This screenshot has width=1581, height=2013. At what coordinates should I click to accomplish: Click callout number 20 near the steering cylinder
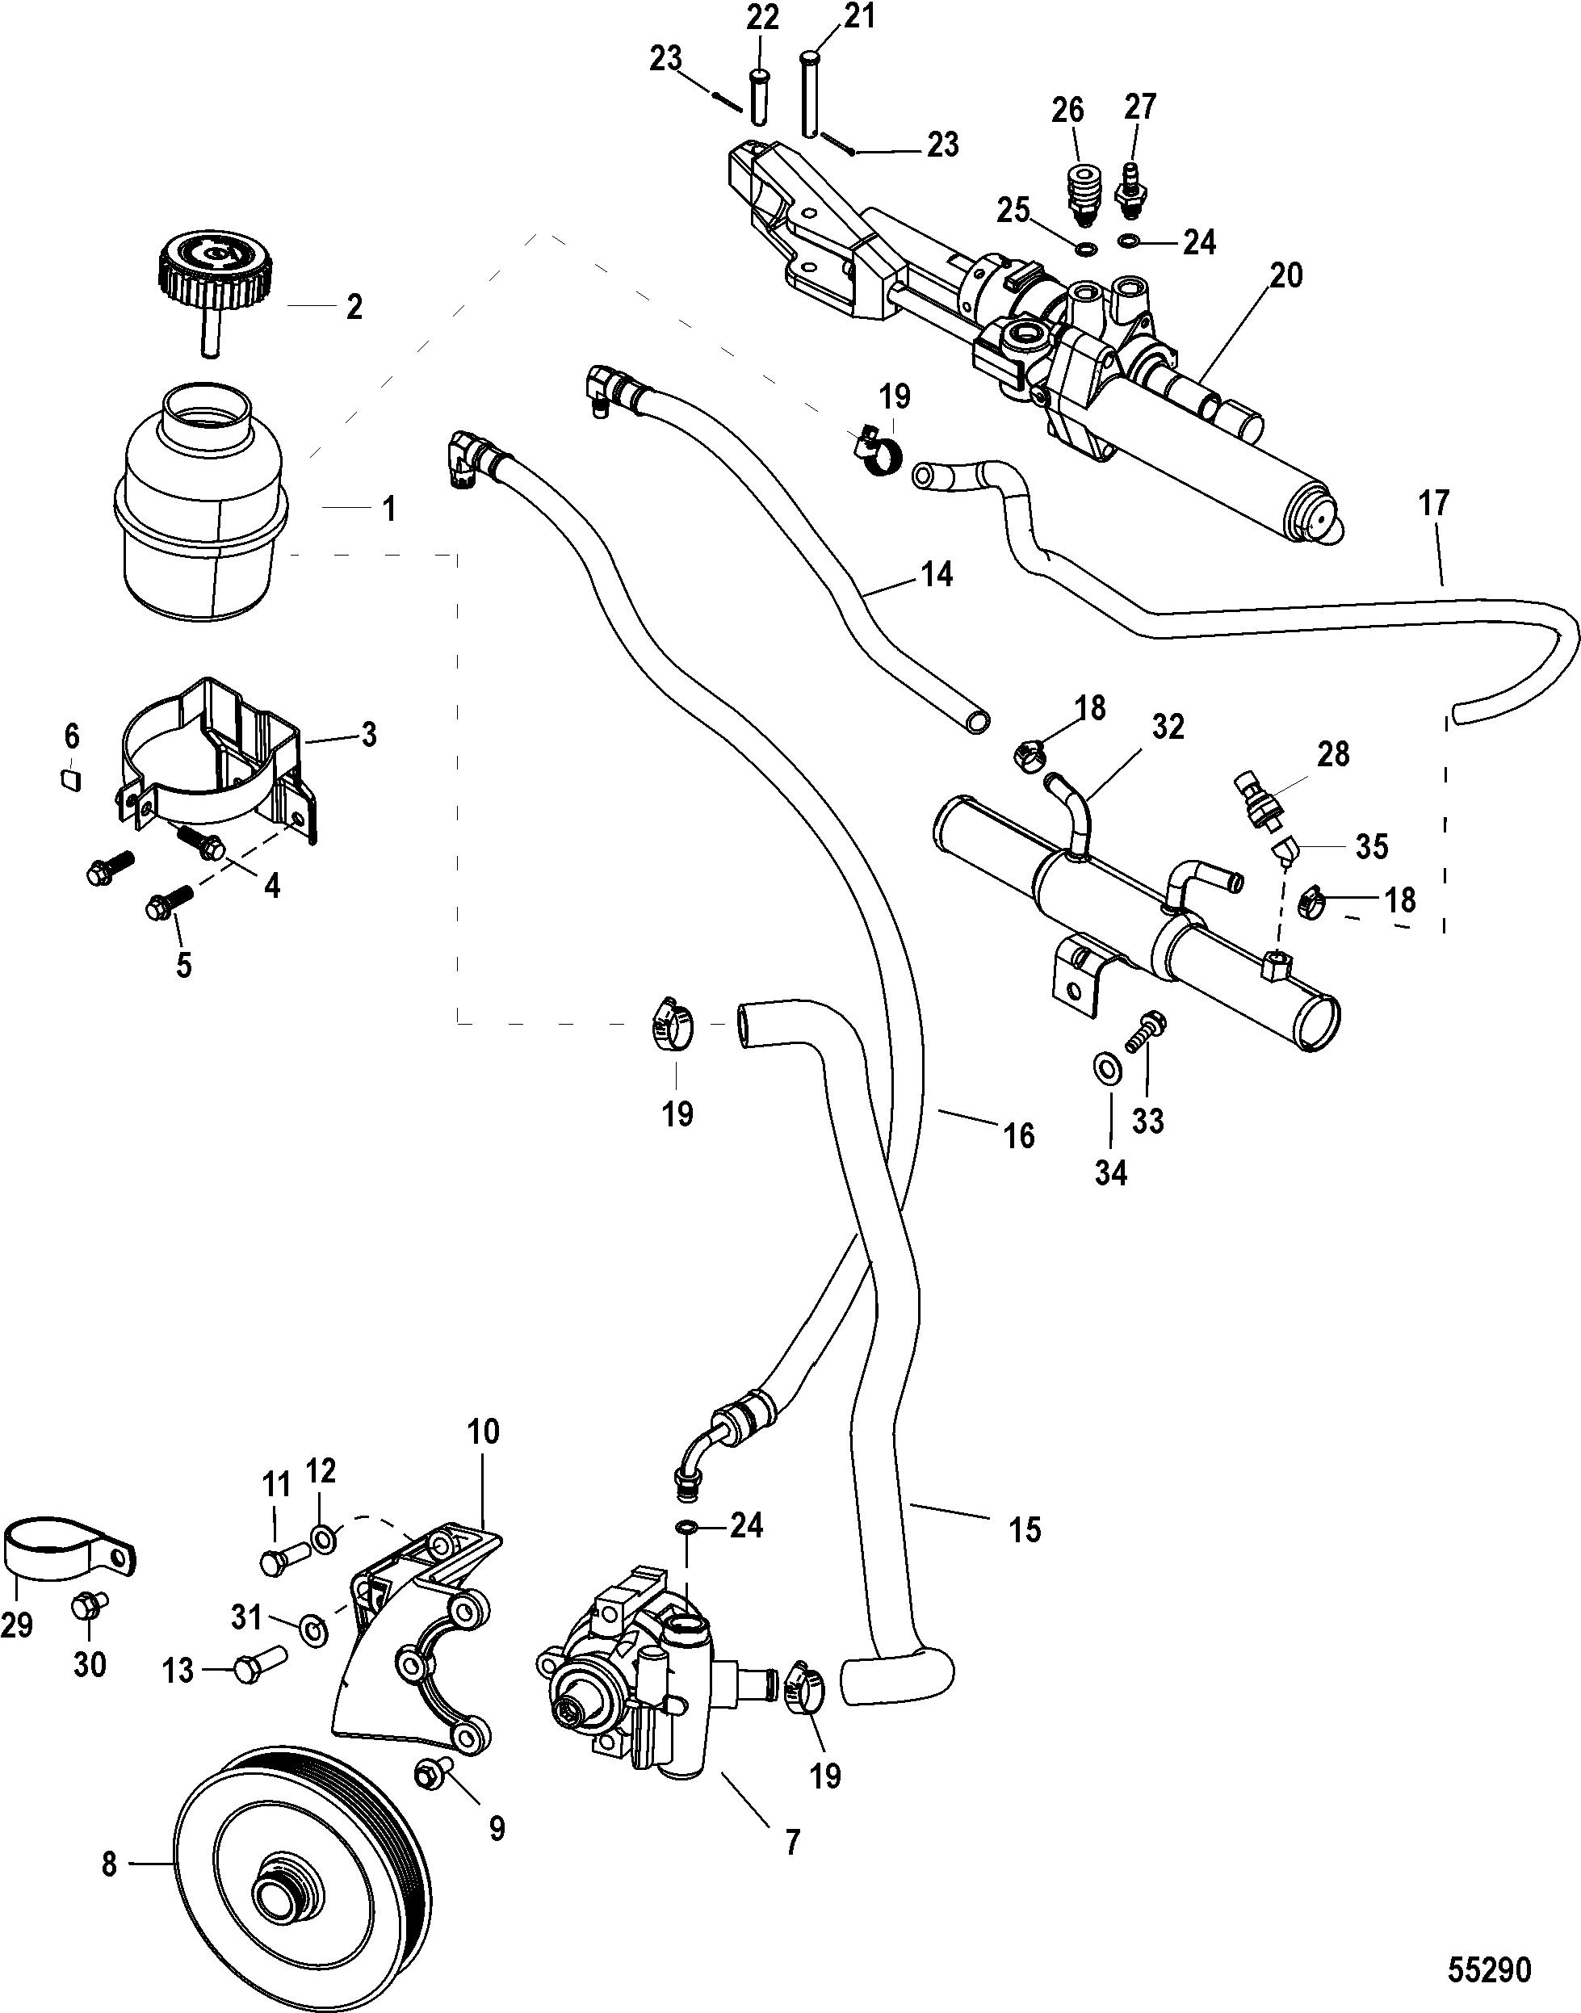click(1285, 276)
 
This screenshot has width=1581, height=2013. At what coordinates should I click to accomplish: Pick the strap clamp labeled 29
click(69, 1547)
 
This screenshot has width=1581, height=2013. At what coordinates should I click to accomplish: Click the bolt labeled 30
click(88, 1607)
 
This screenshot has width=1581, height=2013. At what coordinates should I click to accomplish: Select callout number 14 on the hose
click(936, 575)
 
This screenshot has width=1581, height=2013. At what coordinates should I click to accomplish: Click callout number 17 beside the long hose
click(1434, 505)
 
